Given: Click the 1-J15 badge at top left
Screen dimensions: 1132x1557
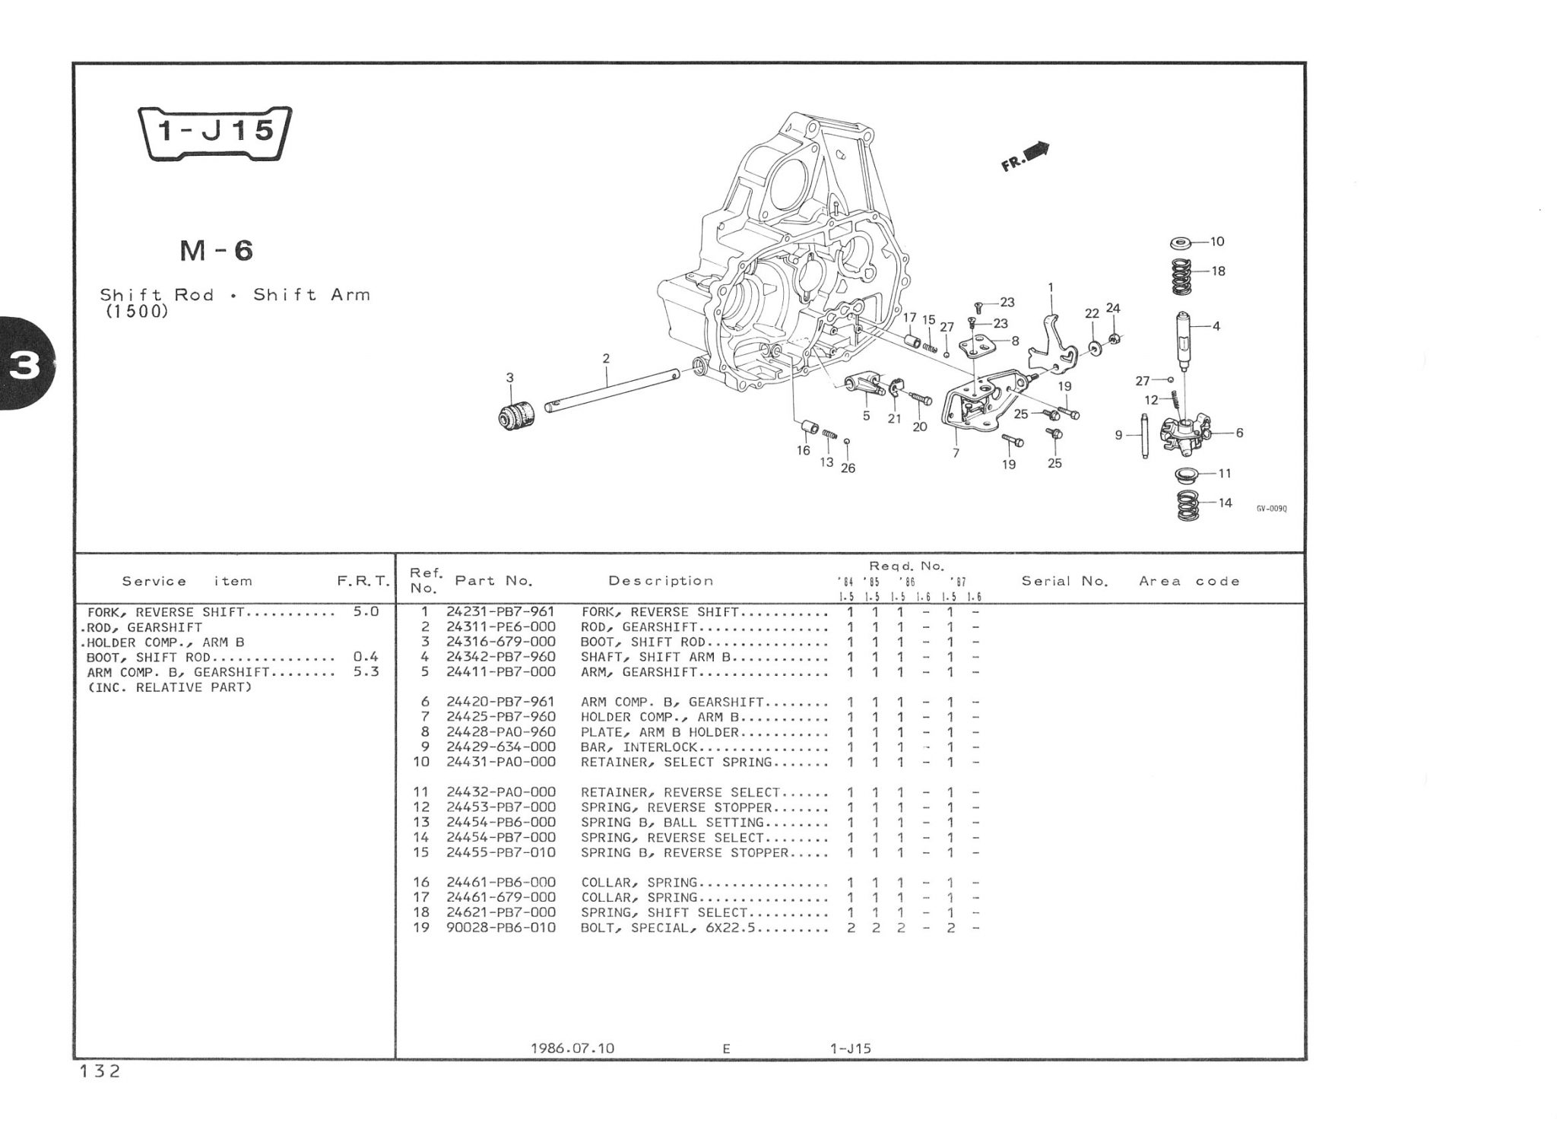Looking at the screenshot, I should (x=215, y=133).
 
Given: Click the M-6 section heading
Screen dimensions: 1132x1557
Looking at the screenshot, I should (x=217, y=250).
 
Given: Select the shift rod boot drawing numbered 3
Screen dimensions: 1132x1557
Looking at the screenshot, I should (x=516, y=415).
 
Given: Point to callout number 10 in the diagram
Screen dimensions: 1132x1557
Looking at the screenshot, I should (x=1216, y=242).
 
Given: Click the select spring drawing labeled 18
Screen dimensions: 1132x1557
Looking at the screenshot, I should (x=1181, y=277).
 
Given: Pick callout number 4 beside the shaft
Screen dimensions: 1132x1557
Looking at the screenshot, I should (x=1216, y=326).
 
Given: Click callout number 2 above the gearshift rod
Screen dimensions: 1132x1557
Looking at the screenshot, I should (x=606, y=358).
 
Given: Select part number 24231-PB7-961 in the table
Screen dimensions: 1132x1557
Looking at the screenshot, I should (x=500, y=612).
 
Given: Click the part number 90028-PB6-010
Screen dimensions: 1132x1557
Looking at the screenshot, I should (x=500, y=927).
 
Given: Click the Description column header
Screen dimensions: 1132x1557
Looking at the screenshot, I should (x=661, y=581).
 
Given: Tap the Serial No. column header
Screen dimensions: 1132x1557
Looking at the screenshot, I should (x=1064, y=581).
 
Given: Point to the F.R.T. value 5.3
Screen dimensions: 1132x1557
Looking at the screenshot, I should (x=366, y=672).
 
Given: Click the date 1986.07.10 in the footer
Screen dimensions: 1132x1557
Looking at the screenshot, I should (x=572, y=1048).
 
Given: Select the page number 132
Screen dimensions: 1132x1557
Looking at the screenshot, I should (x=100, y=1072).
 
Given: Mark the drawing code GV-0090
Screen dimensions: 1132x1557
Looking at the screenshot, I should (x=1271, y=509).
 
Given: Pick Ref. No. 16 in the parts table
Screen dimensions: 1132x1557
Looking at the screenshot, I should (x=421, y=883).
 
